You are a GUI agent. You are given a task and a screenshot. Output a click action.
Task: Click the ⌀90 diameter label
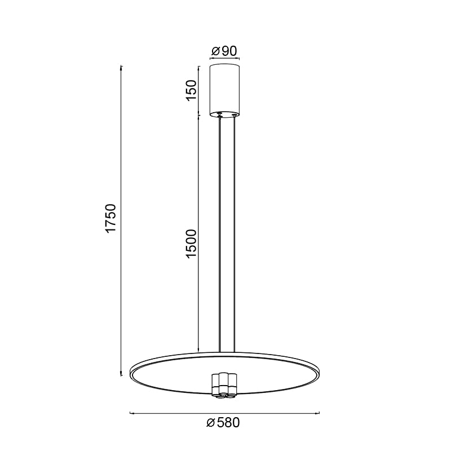point(224,51)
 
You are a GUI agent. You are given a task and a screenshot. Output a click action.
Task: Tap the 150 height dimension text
point(192,90)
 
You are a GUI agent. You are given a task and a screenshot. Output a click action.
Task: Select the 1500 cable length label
point(192,244)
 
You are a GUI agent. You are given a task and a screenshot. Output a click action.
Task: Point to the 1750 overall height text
point(112,220)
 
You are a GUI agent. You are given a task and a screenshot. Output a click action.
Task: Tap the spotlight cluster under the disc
point(224,386)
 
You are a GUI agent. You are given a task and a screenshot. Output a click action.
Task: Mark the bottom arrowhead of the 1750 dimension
point(122,374)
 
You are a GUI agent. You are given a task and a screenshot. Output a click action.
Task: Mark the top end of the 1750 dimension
point(122,67)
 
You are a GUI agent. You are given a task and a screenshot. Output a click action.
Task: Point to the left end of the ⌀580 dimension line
point(131,414)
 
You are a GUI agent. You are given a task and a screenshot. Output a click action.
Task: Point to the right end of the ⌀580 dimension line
point(320,414)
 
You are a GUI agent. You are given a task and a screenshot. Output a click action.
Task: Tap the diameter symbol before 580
point(211,423)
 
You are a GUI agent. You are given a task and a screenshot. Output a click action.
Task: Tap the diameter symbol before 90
point(215,51)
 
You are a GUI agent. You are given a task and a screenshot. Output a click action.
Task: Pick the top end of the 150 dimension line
point(198,67)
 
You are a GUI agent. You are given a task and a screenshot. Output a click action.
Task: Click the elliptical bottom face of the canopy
point(224,114)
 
